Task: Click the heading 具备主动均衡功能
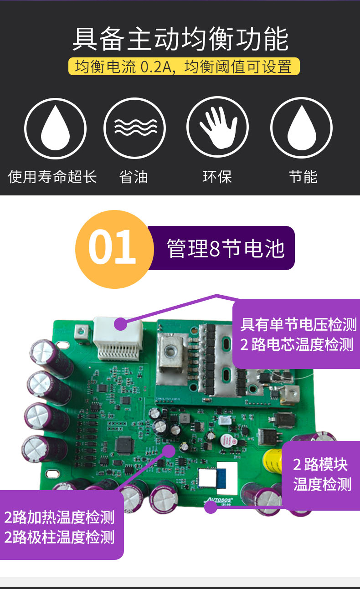pyautogui.click(x=180, y=39)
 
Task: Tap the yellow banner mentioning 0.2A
pyautogui.click(x=184, y=66)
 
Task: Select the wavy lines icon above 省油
pyautogui.click(x=134, y=128)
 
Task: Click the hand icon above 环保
pyautogui.click(x=217, y=127)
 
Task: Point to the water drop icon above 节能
pyautogui.click(x=301, y=128)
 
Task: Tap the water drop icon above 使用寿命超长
pyautogui.click(x=55, y=128)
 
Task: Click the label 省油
pyautogui.click(x=134, y=176)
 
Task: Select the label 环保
pyautogui.click(x=217, y=176)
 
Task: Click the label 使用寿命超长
pyautogui.click(x=52, y=176)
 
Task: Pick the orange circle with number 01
pyautogui.click(x=114, y=249)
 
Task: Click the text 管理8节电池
pyautogui.click(x=226, y=248)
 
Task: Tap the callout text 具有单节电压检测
pyautogui.click(x=298, y=324)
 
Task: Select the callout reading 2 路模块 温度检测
pyautogui.click(x=322, y=474)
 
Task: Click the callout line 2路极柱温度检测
pyautogui.click(x=59, y=537)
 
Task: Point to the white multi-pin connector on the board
pyautogui.click(x=118, y=338)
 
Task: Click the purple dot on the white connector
pyautogui.click(x=121, y=324)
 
